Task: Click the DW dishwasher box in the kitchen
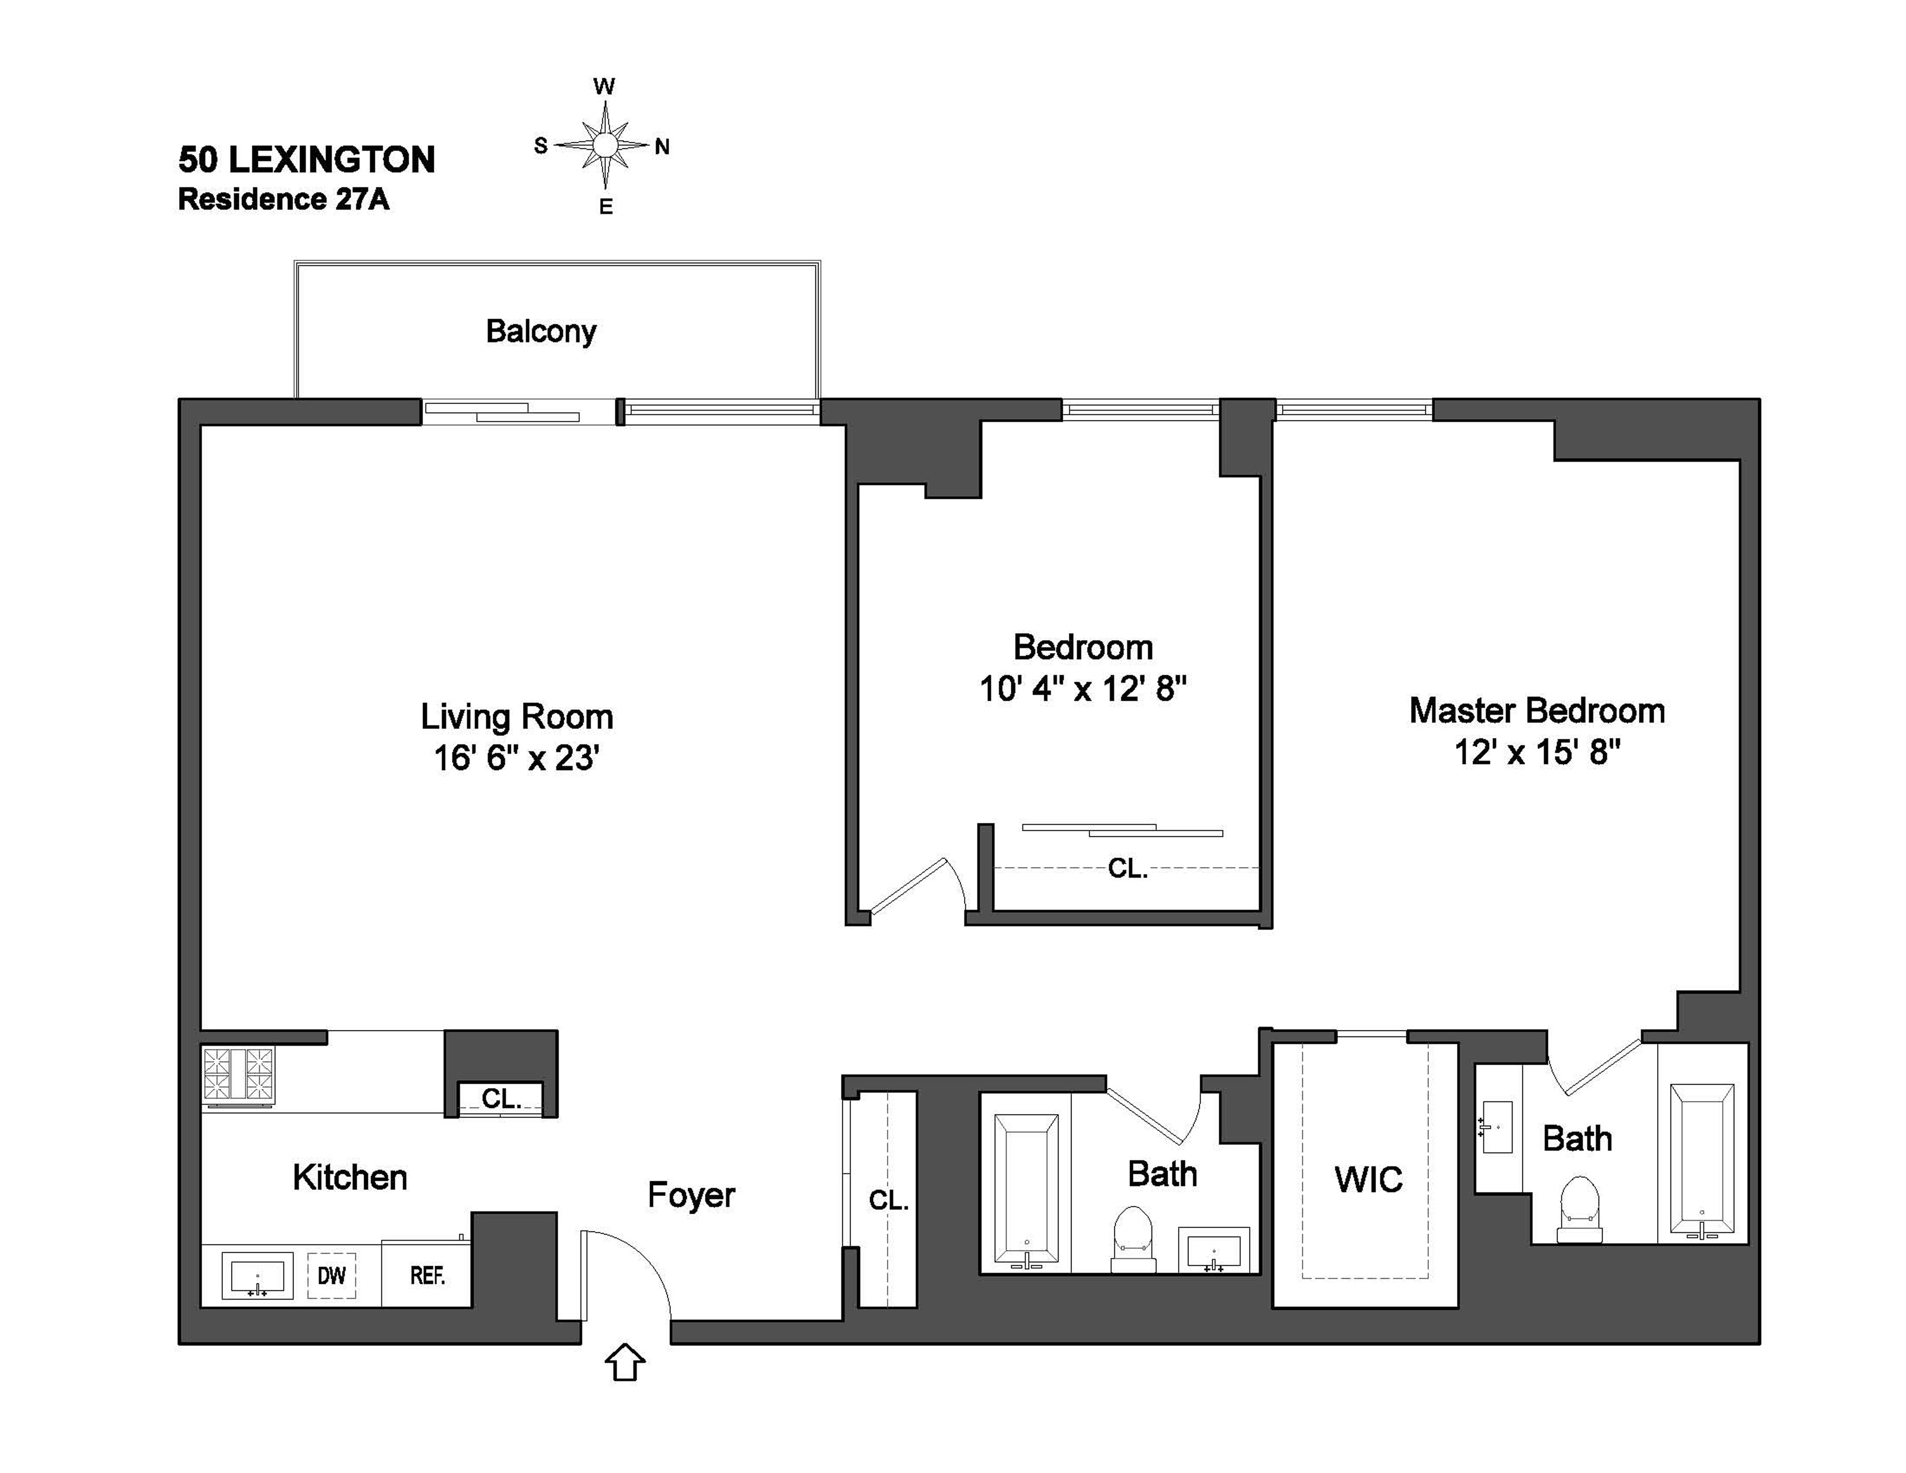tap(332, 1276)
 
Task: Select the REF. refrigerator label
tap(427, 1276)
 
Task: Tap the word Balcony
tap(541, 332)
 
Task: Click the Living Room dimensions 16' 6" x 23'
tap(517, 757)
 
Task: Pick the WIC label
tap(1368, 1180)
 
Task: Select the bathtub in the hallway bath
tap(1026, 1191)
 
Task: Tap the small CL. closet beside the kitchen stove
tap(501, 1098)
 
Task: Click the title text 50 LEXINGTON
tap(306, 159)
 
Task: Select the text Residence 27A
tap(284, 199)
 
